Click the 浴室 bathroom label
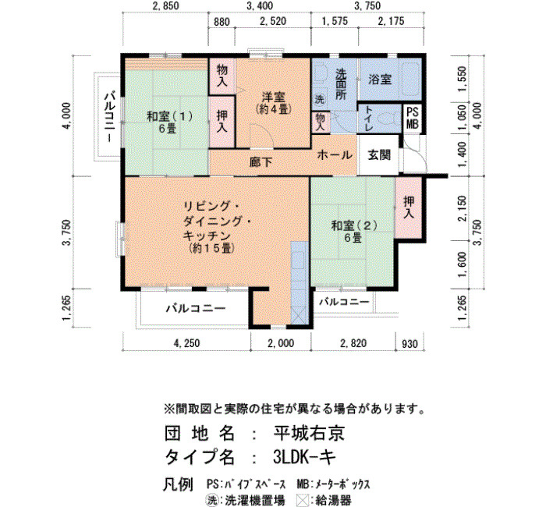coord(380,80)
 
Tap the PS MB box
coord(413,119)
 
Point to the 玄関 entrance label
coord(379,155)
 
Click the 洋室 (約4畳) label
coord(273,102)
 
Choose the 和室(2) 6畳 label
coord(354,232)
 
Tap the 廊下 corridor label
coord(261,162)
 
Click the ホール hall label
coord(335,154)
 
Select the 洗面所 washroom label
coord(341,84)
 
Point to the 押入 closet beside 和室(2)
coord(409,207)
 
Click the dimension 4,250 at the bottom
coord(187,343)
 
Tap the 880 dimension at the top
coord(222,22)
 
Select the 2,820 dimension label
coord(353,343)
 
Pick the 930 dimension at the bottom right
coord(409,344)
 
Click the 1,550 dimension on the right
coord(462,79)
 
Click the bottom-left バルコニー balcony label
coord(196,309)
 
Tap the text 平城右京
coord(309,434)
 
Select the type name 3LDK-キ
coord(304,457)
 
